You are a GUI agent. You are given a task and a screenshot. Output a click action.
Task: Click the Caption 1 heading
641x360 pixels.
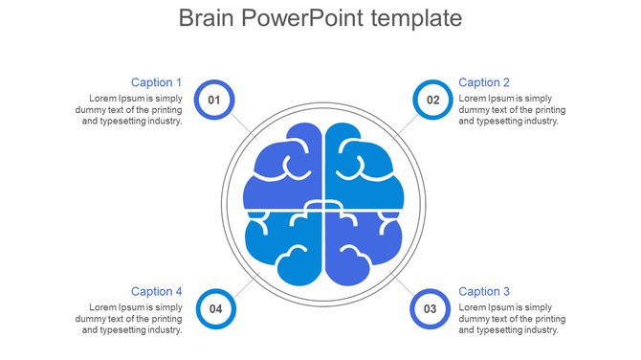click(156, 82)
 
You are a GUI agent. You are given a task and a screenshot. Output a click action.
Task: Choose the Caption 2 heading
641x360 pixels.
click(484, 82)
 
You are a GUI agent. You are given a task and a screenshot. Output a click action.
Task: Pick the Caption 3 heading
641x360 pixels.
click(484, 291)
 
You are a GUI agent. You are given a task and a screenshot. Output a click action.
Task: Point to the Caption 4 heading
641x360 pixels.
click(156, 291)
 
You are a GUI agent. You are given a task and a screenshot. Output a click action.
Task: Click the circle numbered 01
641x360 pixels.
click(213, 100)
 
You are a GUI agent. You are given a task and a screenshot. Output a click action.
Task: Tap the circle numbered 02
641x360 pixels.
click(432, 100)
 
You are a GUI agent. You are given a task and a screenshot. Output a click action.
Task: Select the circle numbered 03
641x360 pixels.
click(430, 308)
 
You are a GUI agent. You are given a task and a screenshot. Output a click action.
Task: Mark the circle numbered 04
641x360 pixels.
click(215, 308)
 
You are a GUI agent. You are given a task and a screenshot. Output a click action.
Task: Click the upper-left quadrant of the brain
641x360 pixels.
click(283, 168)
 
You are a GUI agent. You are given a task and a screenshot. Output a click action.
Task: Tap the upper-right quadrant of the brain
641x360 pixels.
click(362, 168)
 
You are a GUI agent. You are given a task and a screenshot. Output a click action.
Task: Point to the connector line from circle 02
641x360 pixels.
click(405, 125)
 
